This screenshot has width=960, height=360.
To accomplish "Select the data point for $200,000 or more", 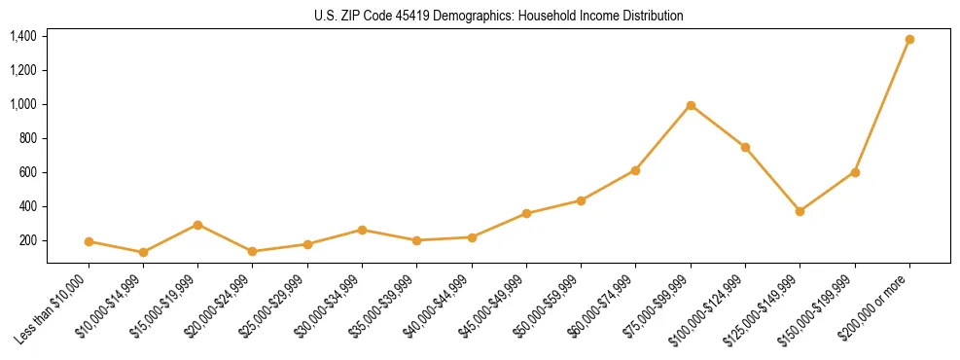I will (x=909, y=40).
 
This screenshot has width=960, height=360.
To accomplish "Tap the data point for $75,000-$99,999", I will (x=691, y=105).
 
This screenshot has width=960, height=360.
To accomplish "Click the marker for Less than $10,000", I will (x=89, y=241).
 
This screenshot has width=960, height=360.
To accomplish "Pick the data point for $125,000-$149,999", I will (x=800, y=211).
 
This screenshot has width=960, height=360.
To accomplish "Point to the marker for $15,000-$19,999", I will (x=198, y=225).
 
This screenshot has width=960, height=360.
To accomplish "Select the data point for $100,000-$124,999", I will (x=745, y=147).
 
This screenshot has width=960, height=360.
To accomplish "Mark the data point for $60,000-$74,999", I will (x=635, y=170).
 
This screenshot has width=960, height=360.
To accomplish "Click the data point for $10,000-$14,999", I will (x=143, y=252).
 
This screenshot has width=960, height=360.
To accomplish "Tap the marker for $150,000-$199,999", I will (x=855, y=172).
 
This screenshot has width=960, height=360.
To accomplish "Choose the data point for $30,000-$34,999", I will (x=362, y=230).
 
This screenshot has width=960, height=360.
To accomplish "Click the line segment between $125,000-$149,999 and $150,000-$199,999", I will (x=827, y=192).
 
